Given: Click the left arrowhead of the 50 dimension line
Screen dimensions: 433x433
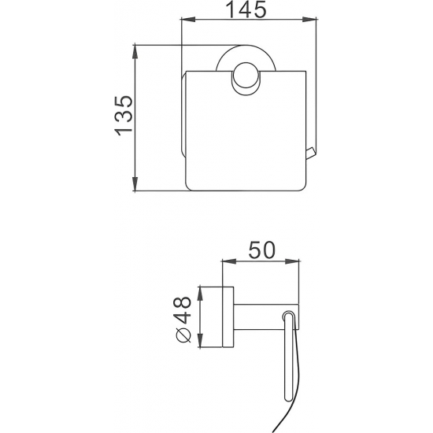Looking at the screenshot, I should pyautogui.click(x=225, y=261).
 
